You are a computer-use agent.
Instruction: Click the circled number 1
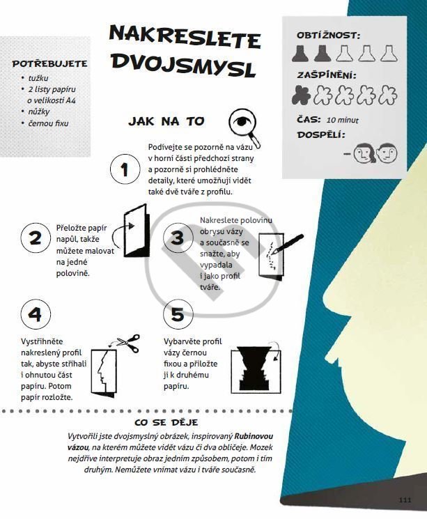(x=125, y=169)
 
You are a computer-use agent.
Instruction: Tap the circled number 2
(x=36, y=238)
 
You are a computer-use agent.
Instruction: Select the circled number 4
(x=36, y=313)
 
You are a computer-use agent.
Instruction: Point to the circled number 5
(x=178, y=313)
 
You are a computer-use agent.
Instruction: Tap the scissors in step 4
(x=129, y=343)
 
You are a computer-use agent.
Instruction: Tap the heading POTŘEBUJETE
(x=49, y=63)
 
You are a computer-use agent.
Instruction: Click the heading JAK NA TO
(x=166, y=121)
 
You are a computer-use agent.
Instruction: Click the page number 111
(x=405, y=499)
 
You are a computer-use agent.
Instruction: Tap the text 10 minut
(x=342, y=120)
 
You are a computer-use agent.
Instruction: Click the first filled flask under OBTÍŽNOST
(x=300, y=54)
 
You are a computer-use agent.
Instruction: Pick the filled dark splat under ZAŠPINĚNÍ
(x=301, y=95)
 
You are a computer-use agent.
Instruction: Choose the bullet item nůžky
(x=39, y=111)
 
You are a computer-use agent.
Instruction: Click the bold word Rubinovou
(x=254, y=436)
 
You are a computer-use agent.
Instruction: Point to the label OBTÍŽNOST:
(x=328, y=35)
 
